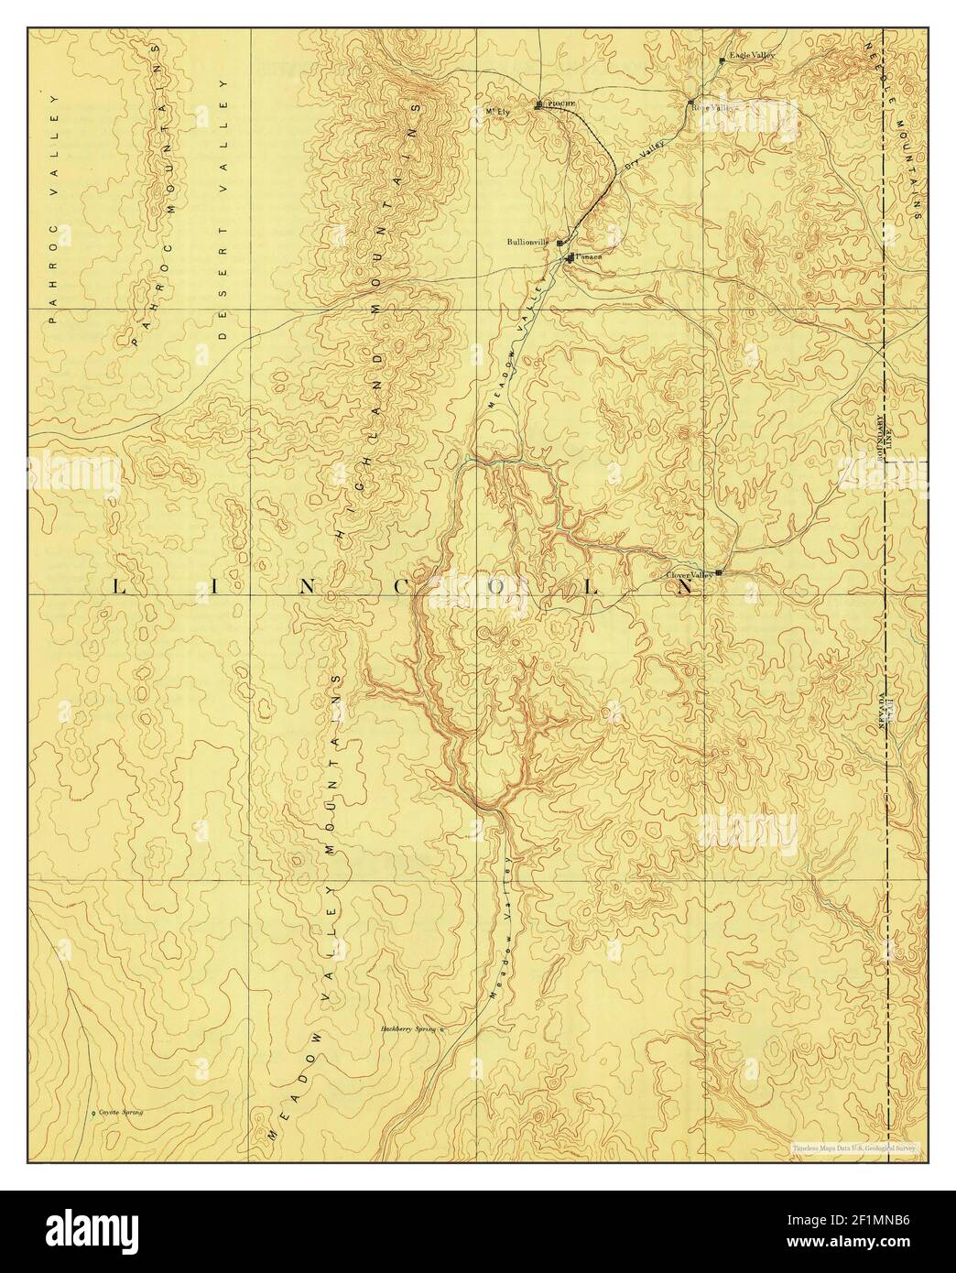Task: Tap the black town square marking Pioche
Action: (x=538, y=104)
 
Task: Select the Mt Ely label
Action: (x=496, y=112)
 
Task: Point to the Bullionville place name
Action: (x=527, y=243)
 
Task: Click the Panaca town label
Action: (x=588, y=257)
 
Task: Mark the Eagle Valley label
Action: (x=752, y=57)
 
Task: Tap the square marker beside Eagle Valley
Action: (x=722, y=60)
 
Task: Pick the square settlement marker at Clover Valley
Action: (x=718, y=572)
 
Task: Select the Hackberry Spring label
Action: (x=408, y=1029)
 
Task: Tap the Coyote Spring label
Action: (x=121, y=1113)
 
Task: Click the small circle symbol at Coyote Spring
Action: (x=94, y=1114)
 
